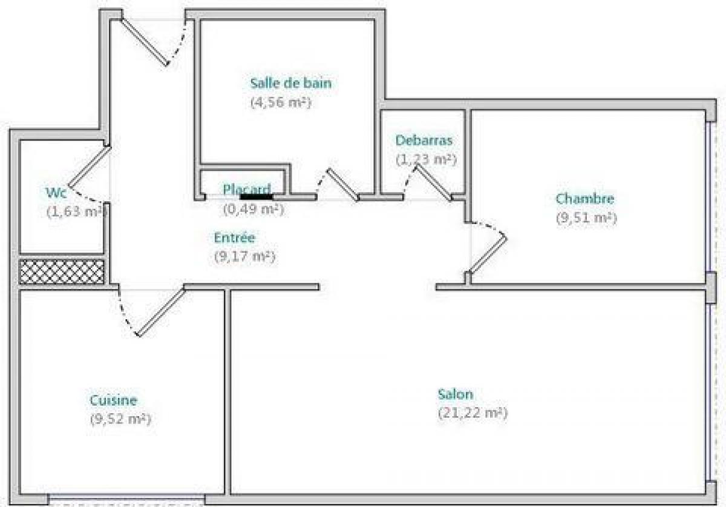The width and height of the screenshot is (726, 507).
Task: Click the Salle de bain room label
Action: click(290, 83)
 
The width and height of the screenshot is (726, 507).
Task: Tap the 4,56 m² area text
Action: click(280, 102)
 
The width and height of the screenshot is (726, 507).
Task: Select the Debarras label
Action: click(423, 140)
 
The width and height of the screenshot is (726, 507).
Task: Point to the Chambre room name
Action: click(585, 198)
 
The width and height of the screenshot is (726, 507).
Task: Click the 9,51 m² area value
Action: click(586, 218)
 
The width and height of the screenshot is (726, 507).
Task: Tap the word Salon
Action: click(456, 394)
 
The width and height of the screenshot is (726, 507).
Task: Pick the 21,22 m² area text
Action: click(473, 413)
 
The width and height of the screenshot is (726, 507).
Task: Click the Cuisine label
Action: click(113, 400)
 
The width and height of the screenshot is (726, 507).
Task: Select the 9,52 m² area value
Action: click(120, 419)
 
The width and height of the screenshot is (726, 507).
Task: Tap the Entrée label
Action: click(234, 237)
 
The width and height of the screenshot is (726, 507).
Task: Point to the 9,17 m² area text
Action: click(244, 256)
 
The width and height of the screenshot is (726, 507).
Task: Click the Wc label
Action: click(56, 193)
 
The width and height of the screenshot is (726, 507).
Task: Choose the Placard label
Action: click(247, 189)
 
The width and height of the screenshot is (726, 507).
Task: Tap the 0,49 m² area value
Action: click(253, 210)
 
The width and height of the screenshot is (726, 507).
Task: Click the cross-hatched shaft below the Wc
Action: click(62, 272)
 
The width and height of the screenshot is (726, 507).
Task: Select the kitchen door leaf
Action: click(161, 311)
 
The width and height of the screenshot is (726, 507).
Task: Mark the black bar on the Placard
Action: click(256, 196)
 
